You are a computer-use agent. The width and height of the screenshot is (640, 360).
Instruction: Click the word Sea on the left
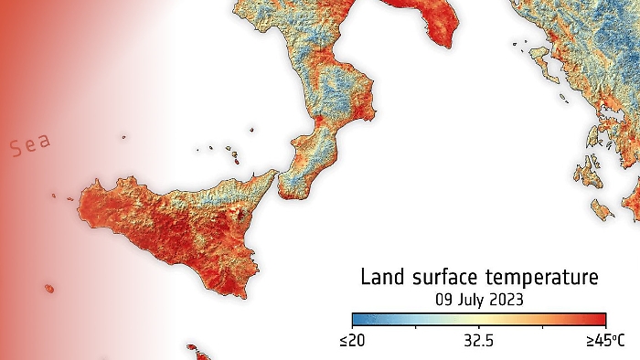tap(31, 146)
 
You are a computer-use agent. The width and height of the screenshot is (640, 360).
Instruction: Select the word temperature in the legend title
tap(546, 277)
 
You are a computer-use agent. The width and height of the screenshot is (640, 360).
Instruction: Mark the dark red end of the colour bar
tap(602, 319)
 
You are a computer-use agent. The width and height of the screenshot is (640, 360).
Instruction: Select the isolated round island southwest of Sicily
tap(48, 289)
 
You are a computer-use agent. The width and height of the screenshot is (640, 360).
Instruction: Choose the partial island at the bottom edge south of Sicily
tap(195, 349)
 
